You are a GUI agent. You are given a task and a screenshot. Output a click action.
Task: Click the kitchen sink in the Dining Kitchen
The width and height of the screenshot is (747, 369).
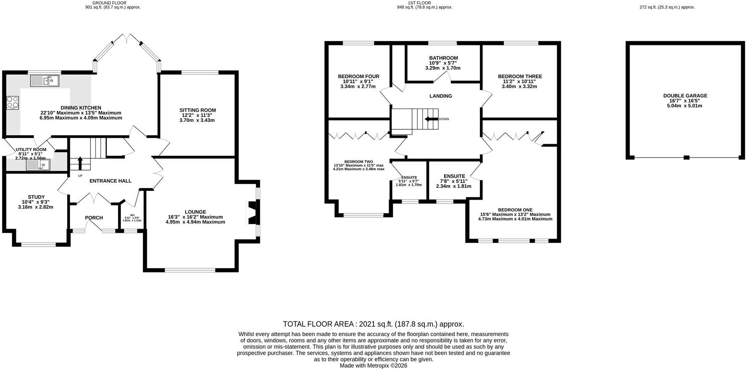45,80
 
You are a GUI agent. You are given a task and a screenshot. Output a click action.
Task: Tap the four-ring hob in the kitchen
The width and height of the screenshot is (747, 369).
13,103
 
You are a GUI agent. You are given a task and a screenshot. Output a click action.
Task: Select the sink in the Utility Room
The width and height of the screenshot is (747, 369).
38,165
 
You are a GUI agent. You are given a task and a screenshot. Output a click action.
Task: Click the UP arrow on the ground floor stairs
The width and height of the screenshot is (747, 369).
80,163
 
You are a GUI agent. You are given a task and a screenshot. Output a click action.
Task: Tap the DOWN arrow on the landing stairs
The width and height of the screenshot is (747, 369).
431,119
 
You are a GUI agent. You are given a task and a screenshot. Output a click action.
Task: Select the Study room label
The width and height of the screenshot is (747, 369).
36,197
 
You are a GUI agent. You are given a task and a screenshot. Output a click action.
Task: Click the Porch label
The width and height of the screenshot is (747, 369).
94,218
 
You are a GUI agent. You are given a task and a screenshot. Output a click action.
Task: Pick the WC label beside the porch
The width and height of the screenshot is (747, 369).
132,215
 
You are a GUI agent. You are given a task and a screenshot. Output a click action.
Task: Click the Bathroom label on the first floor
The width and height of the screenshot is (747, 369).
443,58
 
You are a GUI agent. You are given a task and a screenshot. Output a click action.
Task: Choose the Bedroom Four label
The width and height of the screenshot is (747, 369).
358,76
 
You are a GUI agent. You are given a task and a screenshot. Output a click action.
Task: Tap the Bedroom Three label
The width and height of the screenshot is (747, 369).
520,76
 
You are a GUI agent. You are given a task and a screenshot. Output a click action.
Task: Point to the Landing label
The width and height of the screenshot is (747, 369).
441,96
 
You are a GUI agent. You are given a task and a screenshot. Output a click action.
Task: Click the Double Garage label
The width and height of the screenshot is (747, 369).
685,96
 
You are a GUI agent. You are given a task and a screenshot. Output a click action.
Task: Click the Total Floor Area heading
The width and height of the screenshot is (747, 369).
373,324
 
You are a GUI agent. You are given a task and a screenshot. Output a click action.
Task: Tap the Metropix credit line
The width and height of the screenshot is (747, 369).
373,366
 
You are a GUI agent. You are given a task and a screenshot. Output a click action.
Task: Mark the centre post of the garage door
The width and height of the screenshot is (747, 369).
686,158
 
